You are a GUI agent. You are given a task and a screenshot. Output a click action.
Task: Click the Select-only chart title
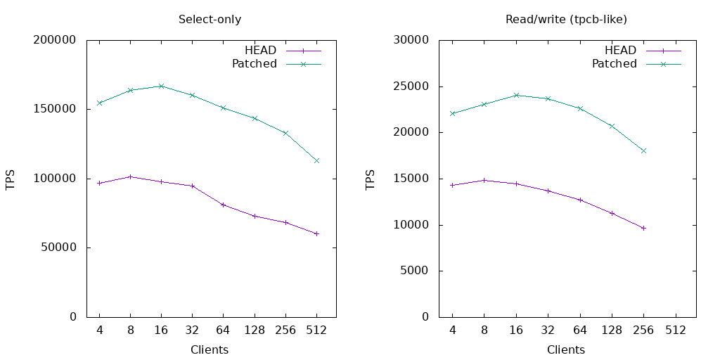point(210,20)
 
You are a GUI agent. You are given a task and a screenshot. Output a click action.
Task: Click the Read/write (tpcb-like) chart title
point(566,20)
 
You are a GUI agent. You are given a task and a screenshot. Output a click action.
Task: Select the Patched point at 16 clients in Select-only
point(161,86)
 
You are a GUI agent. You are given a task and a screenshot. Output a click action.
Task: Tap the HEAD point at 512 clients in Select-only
point(316,233)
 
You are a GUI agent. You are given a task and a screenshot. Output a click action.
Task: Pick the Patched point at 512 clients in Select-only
point(316,160)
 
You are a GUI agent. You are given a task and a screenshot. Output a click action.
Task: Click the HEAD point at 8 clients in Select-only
point(130,176)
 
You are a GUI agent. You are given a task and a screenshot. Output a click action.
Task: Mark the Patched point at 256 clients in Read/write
point(643,150)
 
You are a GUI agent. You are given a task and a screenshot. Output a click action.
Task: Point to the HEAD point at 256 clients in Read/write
point(643,228)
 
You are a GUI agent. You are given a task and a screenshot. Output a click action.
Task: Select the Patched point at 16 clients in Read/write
point(516,95)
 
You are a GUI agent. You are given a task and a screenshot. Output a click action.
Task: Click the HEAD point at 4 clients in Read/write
point(452,185)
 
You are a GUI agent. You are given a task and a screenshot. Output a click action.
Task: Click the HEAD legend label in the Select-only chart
point(260,51)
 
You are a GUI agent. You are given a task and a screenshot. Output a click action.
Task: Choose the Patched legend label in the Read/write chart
point(614,64)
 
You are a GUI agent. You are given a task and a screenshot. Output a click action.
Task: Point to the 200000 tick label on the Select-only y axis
point(55,40)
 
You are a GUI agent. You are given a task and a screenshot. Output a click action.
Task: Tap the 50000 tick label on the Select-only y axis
point(58,247)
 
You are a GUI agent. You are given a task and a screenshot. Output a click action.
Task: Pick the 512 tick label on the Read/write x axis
point(676,330)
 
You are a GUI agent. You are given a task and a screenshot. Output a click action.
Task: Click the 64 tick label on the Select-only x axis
point(223,330)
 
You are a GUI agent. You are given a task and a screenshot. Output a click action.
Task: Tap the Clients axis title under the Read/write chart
point(566,349)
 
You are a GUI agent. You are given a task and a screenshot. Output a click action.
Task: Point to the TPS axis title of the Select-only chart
point(11,179)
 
